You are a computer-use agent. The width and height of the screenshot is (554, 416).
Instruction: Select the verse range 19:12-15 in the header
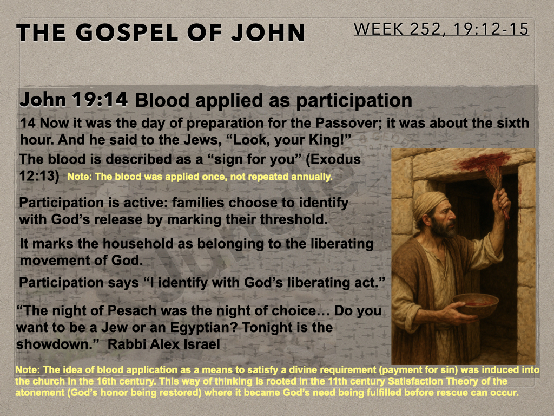coord(491,29)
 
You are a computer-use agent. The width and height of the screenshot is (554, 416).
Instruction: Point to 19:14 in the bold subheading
coord(100,100)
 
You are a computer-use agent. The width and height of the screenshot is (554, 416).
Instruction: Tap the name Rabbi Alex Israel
coord(163,344)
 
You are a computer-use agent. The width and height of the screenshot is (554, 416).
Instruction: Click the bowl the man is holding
coord(475,305)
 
